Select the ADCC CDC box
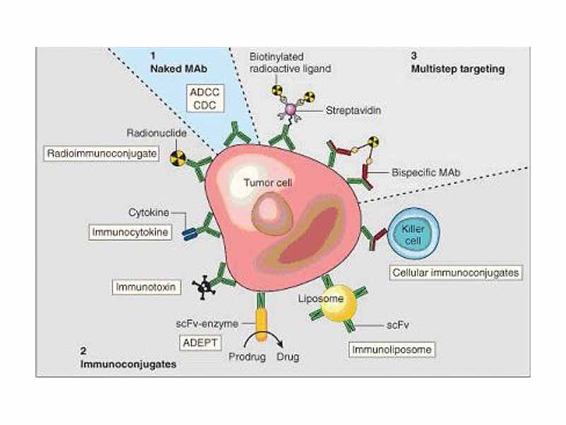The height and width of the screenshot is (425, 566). pos(204,98)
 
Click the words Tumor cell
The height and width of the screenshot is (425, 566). pos(262,181)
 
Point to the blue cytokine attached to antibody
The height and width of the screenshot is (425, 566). pos(190,233)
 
